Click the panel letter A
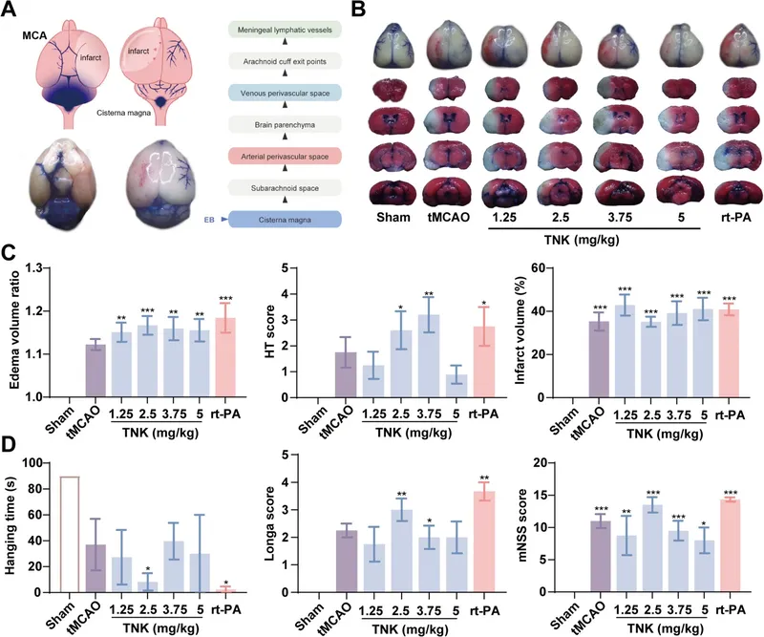(12, 11)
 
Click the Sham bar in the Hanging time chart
(69, 534)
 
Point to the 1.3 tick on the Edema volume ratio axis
(43, 268)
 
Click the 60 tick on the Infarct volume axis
(552, 268)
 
